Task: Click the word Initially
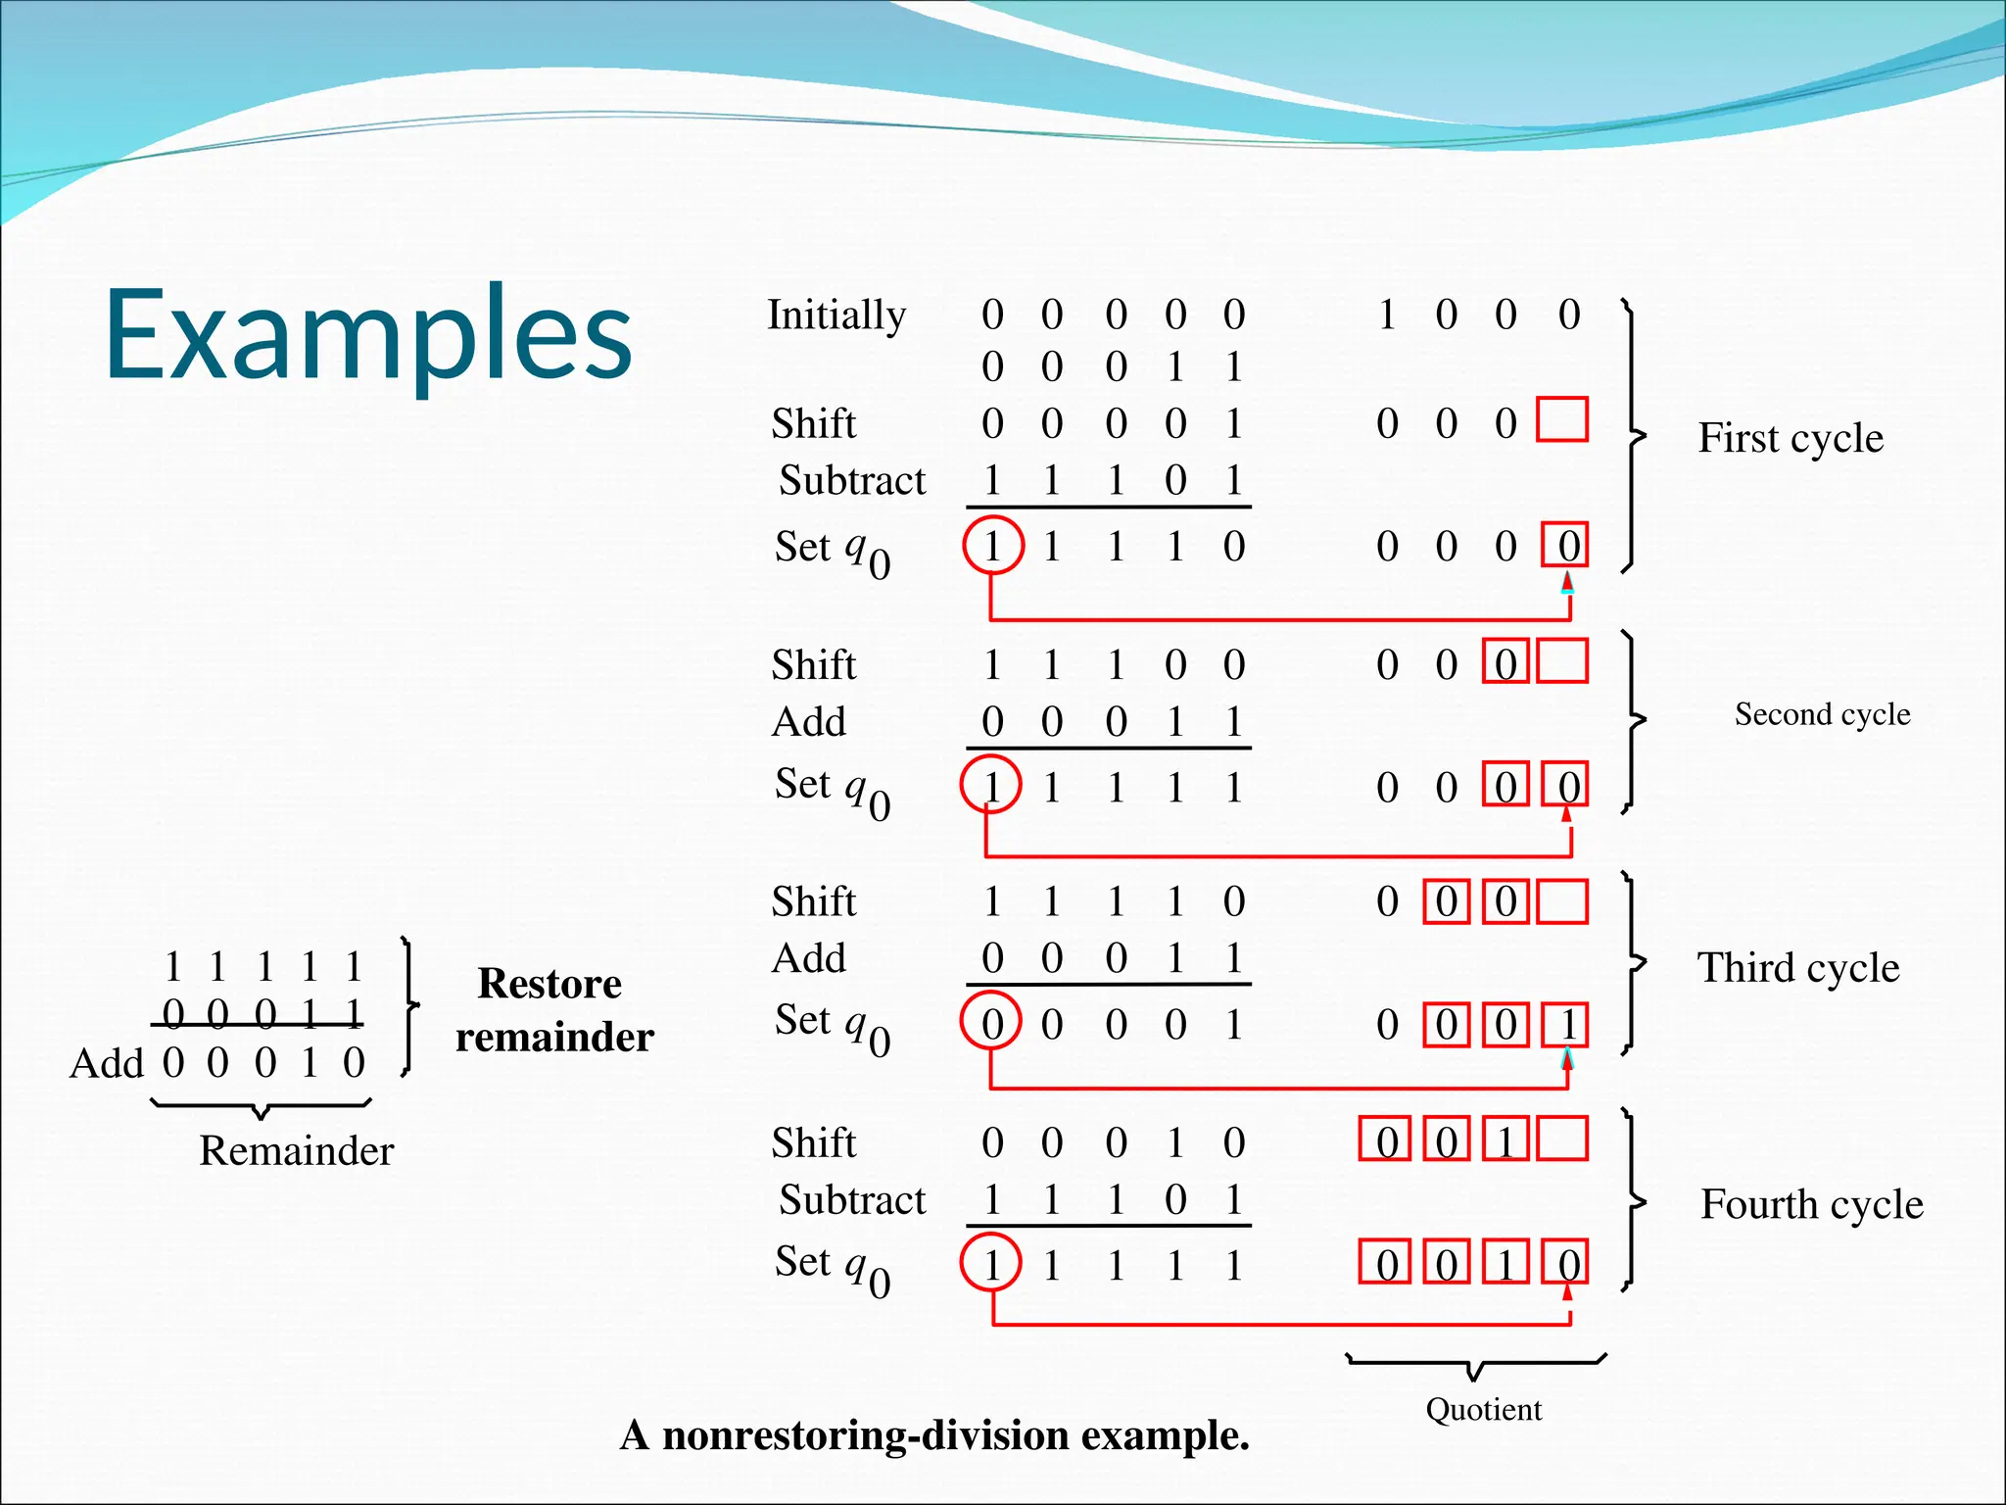(x=836, y=316)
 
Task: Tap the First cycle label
(x=1790, y=438)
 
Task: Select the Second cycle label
(x=1822, y=714)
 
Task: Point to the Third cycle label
(x=1797, y=968)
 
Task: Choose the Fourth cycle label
(x=1811, y=1204)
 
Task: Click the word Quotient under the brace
(x=1483, y=1410)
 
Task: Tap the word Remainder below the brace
(x=296, y=1151)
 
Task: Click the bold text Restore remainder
(x=553, y=1010)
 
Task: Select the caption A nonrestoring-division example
(x=934, y=1436)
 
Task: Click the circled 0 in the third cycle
(x=991, y=1024)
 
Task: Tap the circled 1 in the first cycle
(x=992, y=546)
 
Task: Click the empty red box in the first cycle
(x=1561, y=420)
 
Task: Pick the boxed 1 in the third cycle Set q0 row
(x=1566, y=1025)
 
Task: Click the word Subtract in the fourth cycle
(x=851, y=1200)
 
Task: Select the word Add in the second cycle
(x=808, y=722)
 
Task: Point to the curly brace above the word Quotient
(x=1475, y=1365)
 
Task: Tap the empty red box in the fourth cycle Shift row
(x=1561, y=1140)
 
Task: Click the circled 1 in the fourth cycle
(x=991, y=1264)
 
